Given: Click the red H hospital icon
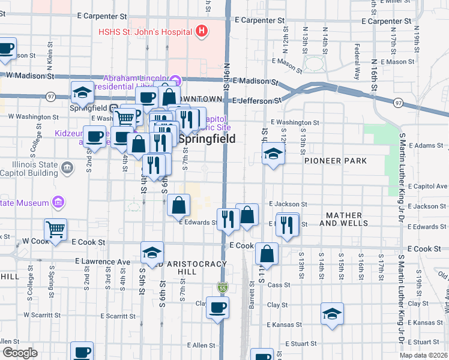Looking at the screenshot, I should coord(202,31).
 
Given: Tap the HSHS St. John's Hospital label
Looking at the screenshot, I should coord(146,31).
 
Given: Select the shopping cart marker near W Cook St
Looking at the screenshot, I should coord(55,229).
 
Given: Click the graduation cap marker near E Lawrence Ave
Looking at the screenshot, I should coord(152,252).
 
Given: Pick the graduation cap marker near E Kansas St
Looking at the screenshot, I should coord(332,314).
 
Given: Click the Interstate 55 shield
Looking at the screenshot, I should coord(223,287).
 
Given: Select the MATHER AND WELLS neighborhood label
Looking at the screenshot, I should coord(344,219).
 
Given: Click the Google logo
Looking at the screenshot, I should coord(20,353).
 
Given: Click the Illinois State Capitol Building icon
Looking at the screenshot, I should coord(67,166).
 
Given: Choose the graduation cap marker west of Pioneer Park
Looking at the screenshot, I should coord(273,154).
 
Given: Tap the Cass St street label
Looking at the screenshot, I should coord(275,285).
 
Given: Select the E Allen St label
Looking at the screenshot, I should coord(200,346).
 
